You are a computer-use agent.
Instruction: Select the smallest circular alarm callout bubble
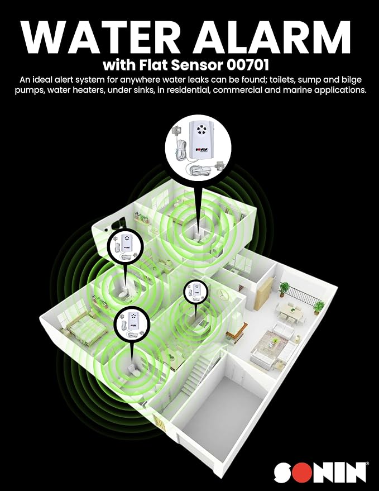pyautogui.click(x=195, y=291)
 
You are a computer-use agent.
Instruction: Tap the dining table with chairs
pyautogui.click(x=290, y=311)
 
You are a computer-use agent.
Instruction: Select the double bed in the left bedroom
pyautogui.click(x=82, y=329)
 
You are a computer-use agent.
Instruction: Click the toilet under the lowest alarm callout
pyautogui.click(x=132, y=370)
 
